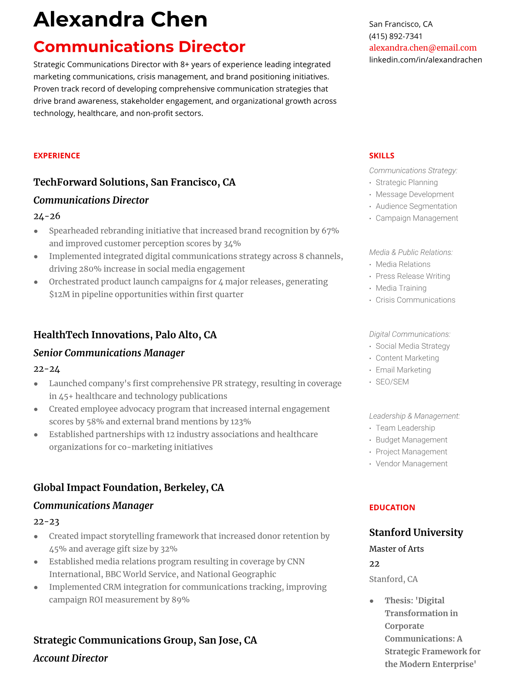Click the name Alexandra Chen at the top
click(120, 20)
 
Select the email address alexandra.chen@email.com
click(422, 48)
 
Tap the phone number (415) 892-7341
click(396, 36)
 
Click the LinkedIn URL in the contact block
click(425, 60)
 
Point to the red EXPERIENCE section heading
click(57, 155)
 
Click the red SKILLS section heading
click(382, 155)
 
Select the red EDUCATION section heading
click(392, 507)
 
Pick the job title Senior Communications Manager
click(109, 353)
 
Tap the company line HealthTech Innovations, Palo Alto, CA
click(125, 334)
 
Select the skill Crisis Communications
click(415, 300)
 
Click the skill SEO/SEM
click(392, 382)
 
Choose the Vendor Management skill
click(411, 463)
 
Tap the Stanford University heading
click(416, 532)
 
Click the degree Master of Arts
click(396, 549)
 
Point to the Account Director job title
click(70, 658)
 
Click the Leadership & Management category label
click(414, 416)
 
